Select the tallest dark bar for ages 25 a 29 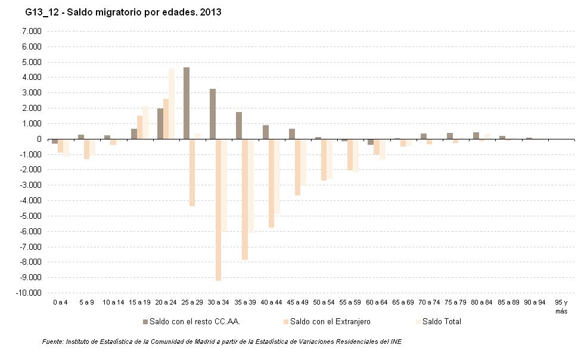tap(187, 103)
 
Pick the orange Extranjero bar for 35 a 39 tap(245, 199)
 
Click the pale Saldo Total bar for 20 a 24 tap(172, 104)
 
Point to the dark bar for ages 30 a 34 tap(213, 114)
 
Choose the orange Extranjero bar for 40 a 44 tap(271, 184)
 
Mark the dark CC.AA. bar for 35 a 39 tap(239, 126)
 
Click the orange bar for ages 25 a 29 tap(192, 172)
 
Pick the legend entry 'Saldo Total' tap(442, 322)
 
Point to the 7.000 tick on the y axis tap(30, 31)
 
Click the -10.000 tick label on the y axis tap(28, 293)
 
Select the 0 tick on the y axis tap(39, 139)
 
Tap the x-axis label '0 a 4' tap(60, 303)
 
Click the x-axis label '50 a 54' tap(323, 303)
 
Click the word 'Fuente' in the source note tap(52, 342)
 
